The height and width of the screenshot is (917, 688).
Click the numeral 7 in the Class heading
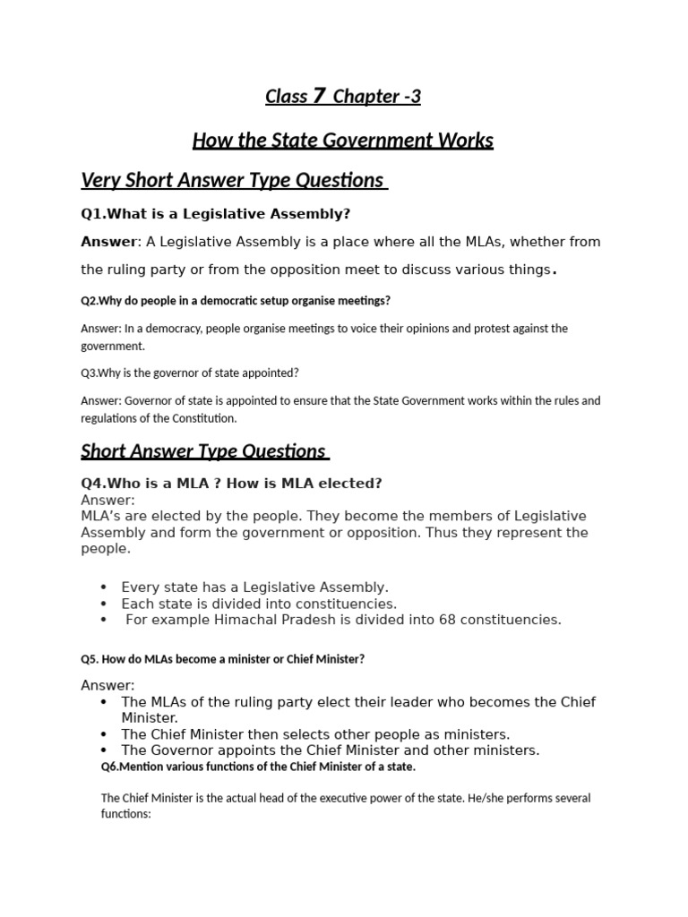pos(320,96)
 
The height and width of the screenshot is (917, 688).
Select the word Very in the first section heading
pos(99,180)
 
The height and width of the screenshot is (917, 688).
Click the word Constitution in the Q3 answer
pos(202,418)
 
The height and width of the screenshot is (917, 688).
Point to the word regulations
pos(112,418)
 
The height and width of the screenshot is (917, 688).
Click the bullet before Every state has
pos(104,587)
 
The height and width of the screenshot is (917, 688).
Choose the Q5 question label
pos(90,659)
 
